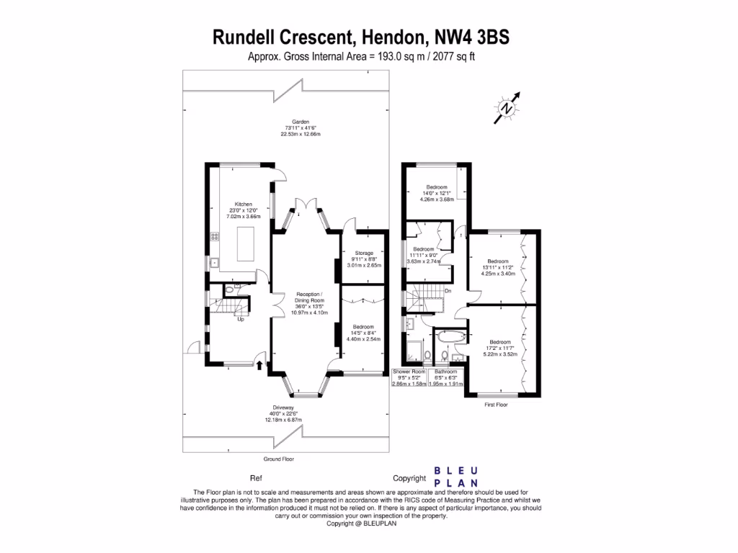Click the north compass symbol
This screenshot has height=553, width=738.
508,108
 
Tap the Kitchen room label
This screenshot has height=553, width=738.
239,210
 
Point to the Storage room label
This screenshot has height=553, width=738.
364,258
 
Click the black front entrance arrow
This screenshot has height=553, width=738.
259,367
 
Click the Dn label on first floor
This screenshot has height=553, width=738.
448,291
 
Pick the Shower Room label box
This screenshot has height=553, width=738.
409,378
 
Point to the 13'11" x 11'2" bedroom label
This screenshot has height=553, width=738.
497,267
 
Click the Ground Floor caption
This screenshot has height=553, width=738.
279,459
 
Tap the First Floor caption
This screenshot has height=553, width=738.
496,405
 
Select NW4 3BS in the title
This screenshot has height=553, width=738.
471,37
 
